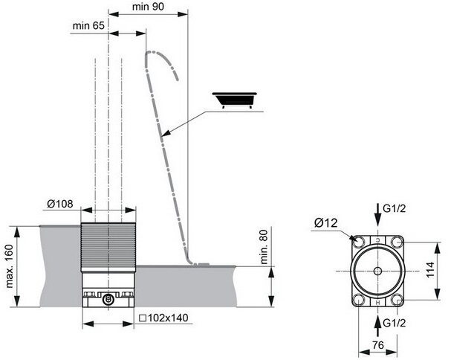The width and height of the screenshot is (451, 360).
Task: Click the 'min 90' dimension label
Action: pyautogui.click(x=148, y=7)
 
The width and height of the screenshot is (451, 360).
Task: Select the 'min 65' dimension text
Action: pyautogui.click(x=88, y=25)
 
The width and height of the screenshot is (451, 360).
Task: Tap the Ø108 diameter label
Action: pyautogui.click(x=60, y=204)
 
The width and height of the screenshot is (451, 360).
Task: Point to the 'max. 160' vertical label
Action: pyautogui.click(x=10, y=266)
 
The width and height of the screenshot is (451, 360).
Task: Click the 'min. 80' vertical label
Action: pyautogui.click(x=264, y=247)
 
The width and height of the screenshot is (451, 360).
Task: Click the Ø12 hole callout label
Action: pyautogui.click(x=326, y=223)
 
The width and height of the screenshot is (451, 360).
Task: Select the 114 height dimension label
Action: pyautogui.click(x=430, y=269)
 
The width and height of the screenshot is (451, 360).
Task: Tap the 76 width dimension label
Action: pyautogui.click(x=378, y=344)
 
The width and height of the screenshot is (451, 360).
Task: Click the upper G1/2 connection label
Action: pyautogui.click(x=395, y=208)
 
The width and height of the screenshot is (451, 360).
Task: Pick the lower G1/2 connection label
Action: pyautogui.click(x=395, y=323)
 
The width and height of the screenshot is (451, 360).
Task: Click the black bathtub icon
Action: pyautogui.click(x=235, y=100)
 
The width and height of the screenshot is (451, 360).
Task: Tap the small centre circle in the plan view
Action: pyautogui.click(x=377, y=271)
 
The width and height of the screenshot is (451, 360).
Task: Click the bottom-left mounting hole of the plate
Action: pyautogui.click(x=358, y=300)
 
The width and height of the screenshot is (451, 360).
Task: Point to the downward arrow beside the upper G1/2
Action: pyautogui.click(x=378, y=214)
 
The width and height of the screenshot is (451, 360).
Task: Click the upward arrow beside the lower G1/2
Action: pyautogui.click(x=378, y=326)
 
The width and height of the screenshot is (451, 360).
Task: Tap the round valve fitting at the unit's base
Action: pyautogui.click(x=108, y=299)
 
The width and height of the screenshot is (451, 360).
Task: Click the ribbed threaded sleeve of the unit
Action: pyautogui.click(x=108, y=247)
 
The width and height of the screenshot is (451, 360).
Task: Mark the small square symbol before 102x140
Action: pyautogui.click(x=143, y=318)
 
